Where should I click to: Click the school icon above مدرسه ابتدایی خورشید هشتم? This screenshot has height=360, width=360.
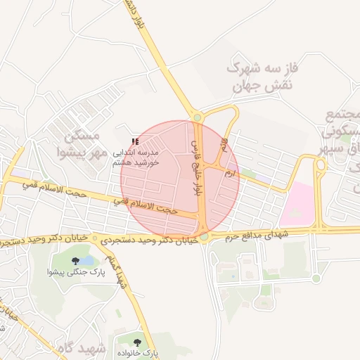coord(135,142)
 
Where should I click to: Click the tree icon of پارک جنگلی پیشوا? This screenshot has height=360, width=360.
coord(75,261)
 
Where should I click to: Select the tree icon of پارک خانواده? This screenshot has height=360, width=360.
coord(138,342)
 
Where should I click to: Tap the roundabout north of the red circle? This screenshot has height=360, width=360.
coord(198,117)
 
